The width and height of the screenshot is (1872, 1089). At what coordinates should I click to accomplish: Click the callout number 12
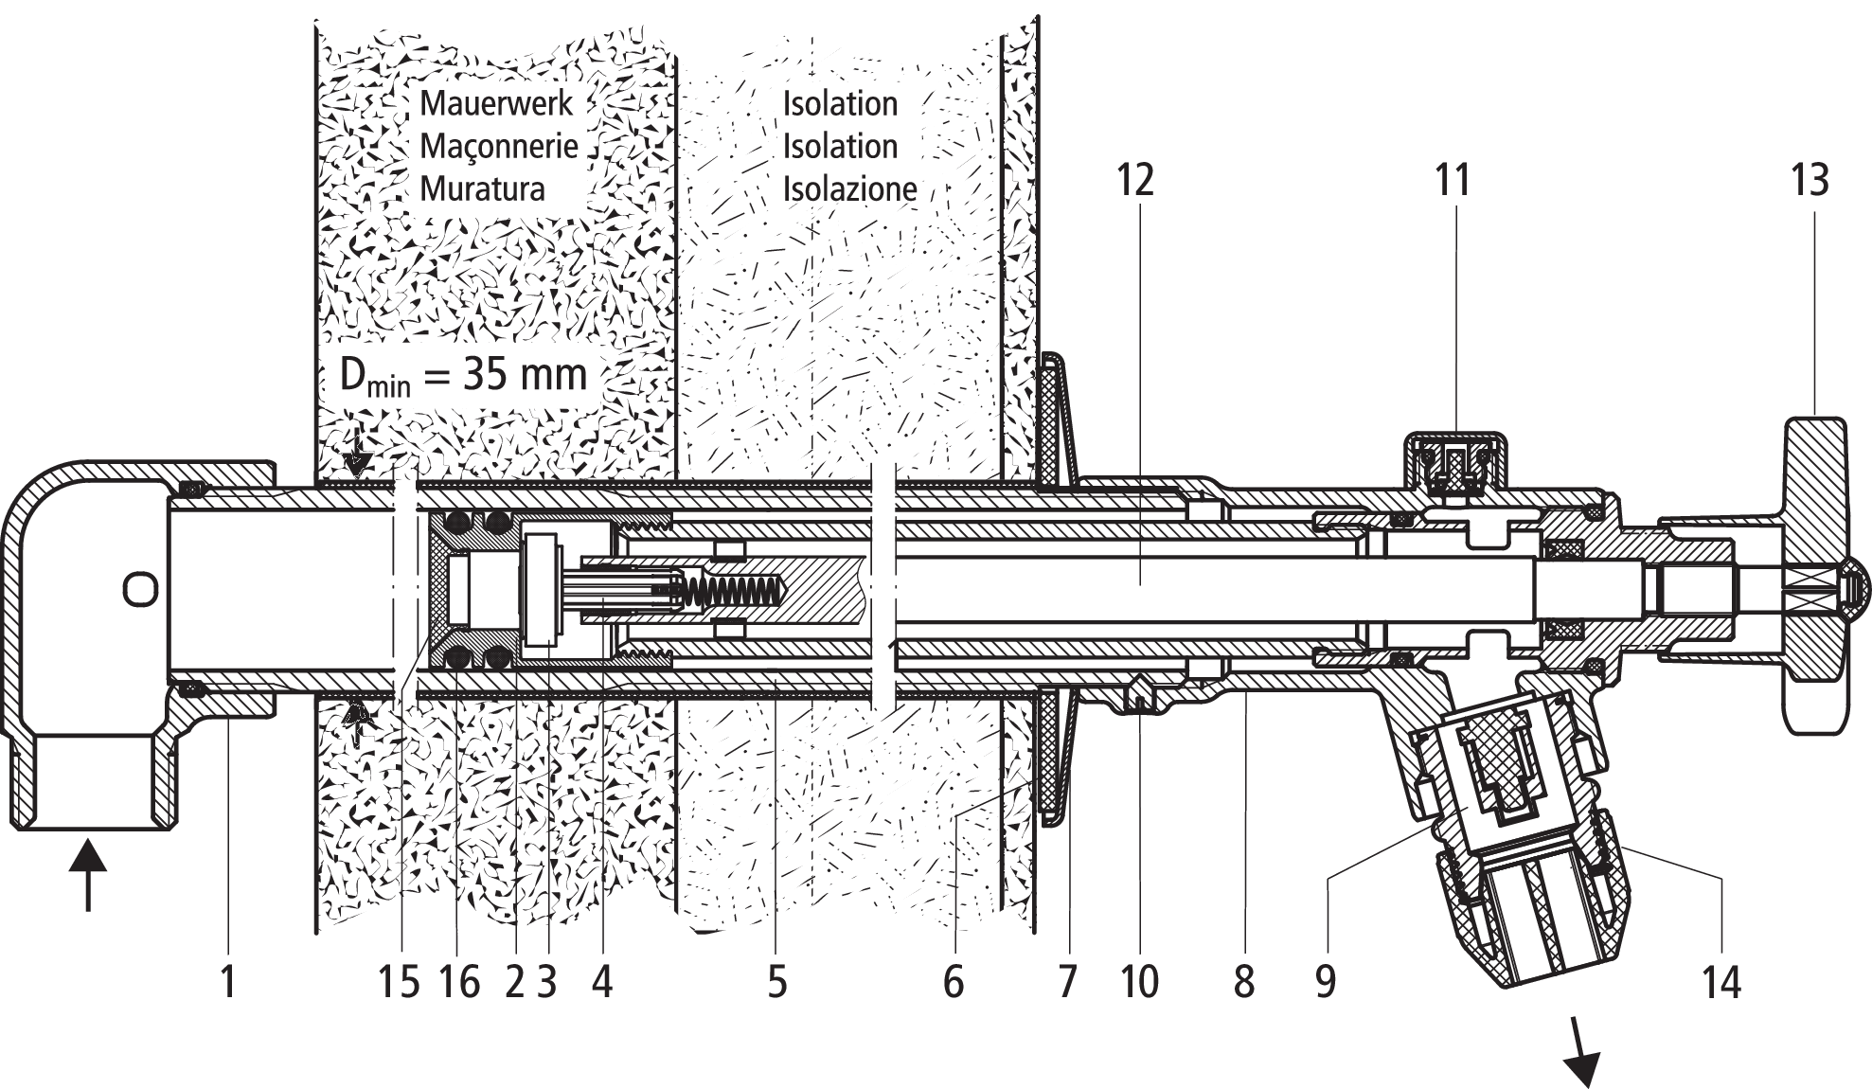[x=1135, y=180]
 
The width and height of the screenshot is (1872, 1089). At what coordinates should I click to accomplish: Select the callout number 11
[x=1453, y=180]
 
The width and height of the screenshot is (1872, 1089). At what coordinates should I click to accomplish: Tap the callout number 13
[x=1810, y=180]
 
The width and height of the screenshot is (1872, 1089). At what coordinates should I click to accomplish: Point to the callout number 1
[x=228, y=981]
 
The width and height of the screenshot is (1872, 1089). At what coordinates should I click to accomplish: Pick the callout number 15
[x=399, y=981]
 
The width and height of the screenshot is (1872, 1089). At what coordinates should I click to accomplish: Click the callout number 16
[x=460, y=981]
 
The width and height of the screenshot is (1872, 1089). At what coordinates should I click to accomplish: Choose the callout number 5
[x=776, y=981]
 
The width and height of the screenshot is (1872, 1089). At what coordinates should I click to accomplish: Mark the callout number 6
[x=954, y=981]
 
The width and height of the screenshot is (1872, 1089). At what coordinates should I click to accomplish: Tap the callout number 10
[x=1140, y=981]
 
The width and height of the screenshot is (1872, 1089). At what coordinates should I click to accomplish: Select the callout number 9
[x=1326, y=981]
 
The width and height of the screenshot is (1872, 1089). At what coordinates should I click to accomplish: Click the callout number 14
[x=1721, y=981]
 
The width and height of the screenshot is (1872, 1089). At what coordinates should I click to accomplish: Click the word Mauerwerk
[x=497, y=102]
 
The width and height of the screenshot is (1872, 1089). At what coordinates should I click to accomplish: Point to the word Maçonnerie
[x=499, y=147]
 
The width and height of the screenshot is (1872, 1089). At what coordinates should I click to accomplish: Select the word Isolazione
[x=849, y=188]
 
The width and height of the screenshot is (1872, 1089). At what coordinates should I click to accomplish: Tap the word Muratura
[x=483, y=188]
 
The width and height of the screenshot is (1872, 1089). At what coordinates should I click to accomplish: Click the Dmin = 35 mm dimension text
[x=464, y=376]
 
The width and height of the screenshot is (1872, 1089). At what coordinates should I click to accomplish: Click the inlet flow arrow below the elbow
[x=87, y=874]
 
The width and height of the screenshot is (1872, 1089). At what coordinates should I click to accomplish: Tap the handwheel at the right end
[x=1815, y=575]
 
